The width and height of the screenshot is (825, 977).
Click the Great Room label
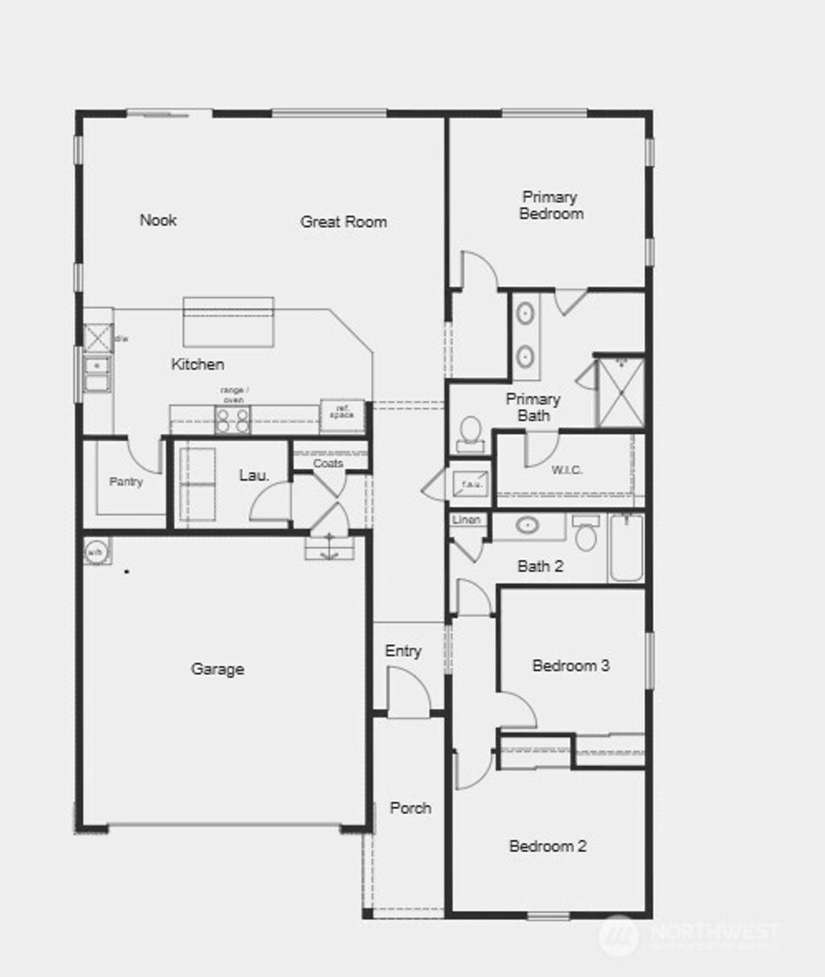pyautogui.click(x=343, y=221)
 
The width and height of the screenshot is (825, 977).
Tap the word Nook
pyautogui.click(x=158, y=220)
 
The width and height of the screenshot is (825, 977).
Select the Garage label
pyautogui.click(x=218, y=669)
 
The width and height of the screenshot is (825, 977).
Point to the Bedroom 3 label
pyautogui.click(x=570, y=665)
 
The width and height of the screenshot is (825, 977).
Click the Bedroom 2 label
pyautogui.click(x=548, y=846)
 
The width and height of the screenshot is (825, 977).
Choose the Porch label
pyautogui.click(x=410, y=808)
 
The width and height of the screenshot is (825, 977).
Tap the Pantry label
pyautogui.click(x=126, y=482)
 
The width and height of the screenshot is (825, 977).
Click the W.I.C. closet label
pyautogui.click(x=567, y=470)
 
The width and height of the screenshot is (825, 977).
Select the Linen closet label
pyautogui.click(x=466, y=520)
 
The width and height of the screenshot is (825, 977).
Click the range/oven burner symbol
pyautogui.click(x=232, y=419)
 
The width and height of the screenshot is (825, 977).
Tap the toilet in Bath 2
pyautogui.click(x=586, y=535)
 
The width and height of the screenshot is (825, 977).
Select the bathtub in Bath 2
pyautogui.click(x=626, y=548)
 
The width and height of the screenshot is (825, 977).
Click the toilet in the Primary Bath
pyautogui.click(x=470, y=431)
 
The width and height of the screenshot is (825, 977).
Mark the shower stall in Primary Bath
pyautogui.click(x=620, y=392)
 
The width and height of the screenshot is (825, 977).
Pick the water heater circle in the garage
pyautogui.click(x=96, y=553)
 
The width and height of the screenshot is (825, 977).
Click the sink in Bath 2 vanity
pyautogui.click(x=527, y=526)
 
